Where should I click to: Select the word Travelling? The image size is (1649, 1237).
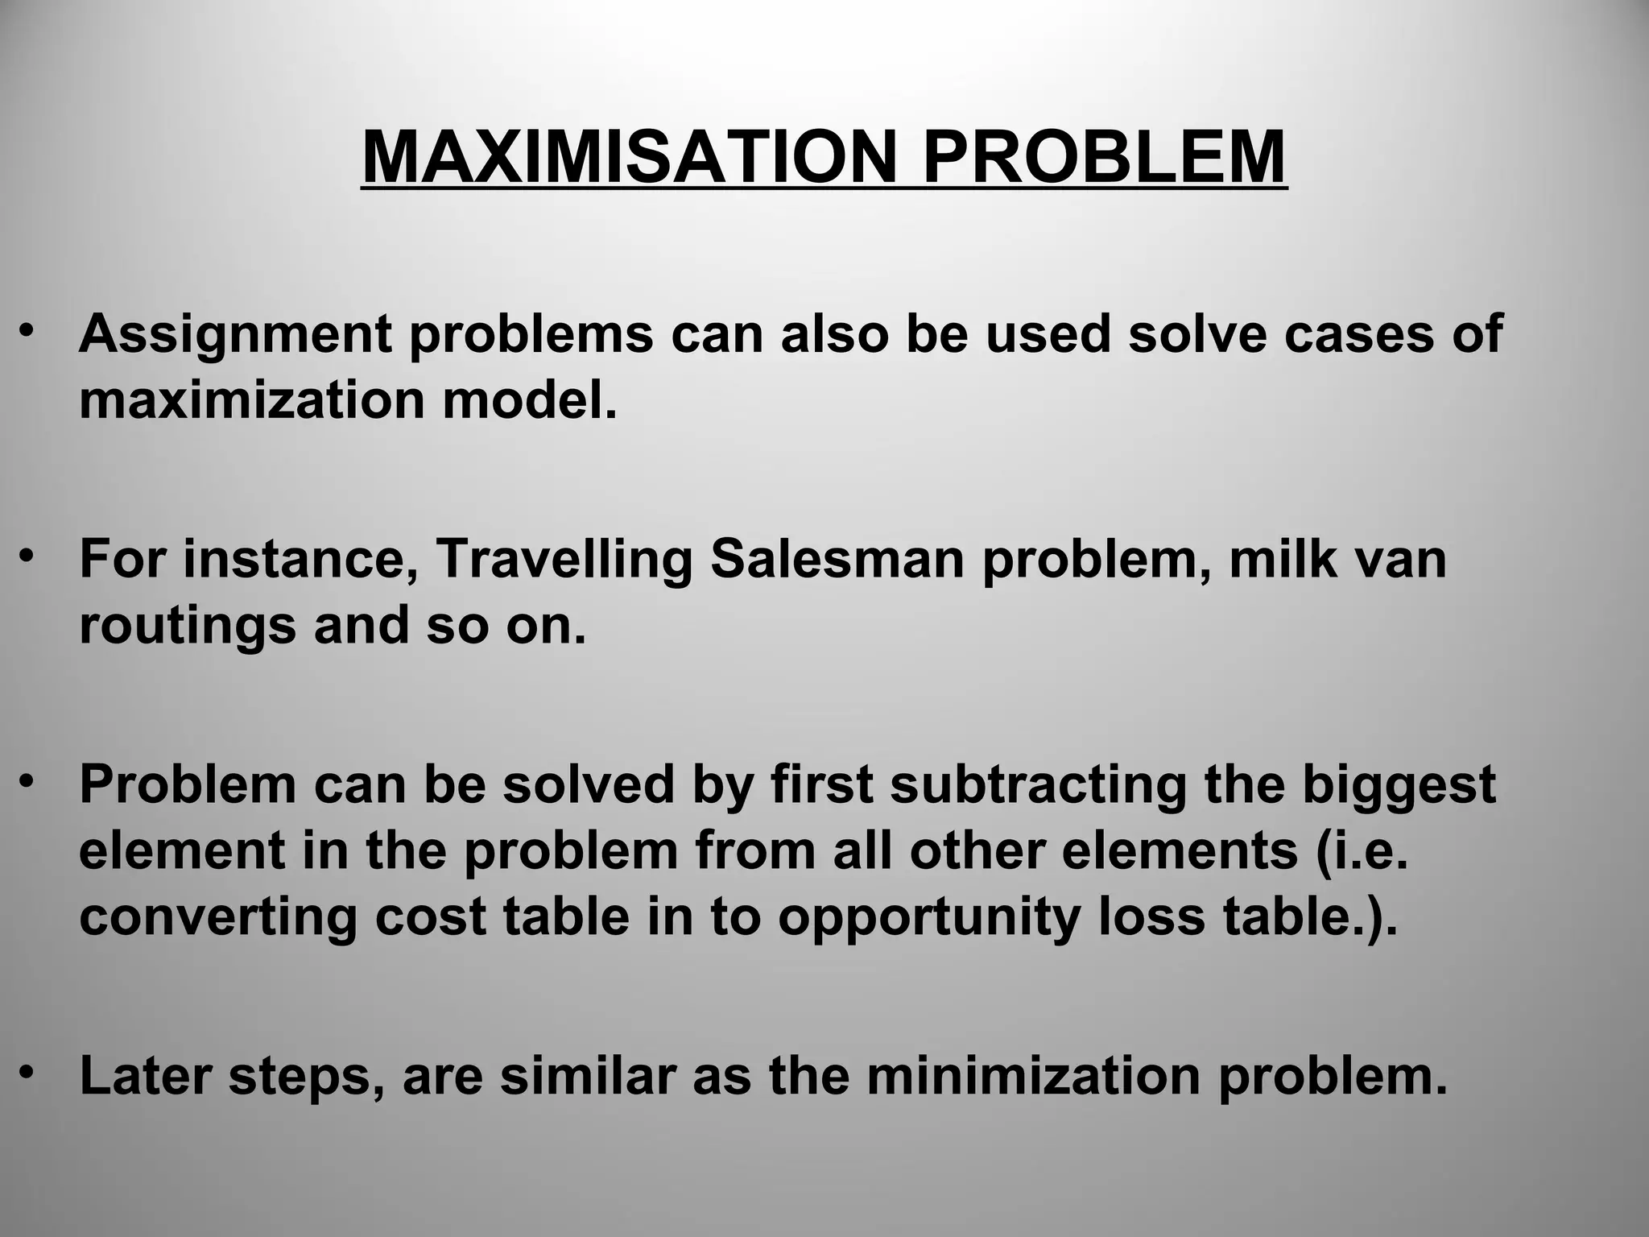tap(564, 559)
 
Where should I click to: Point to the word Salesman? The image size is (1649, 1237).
tap(837, 559)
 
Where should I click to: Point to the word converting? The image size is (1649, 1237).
tap(218, 918)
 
